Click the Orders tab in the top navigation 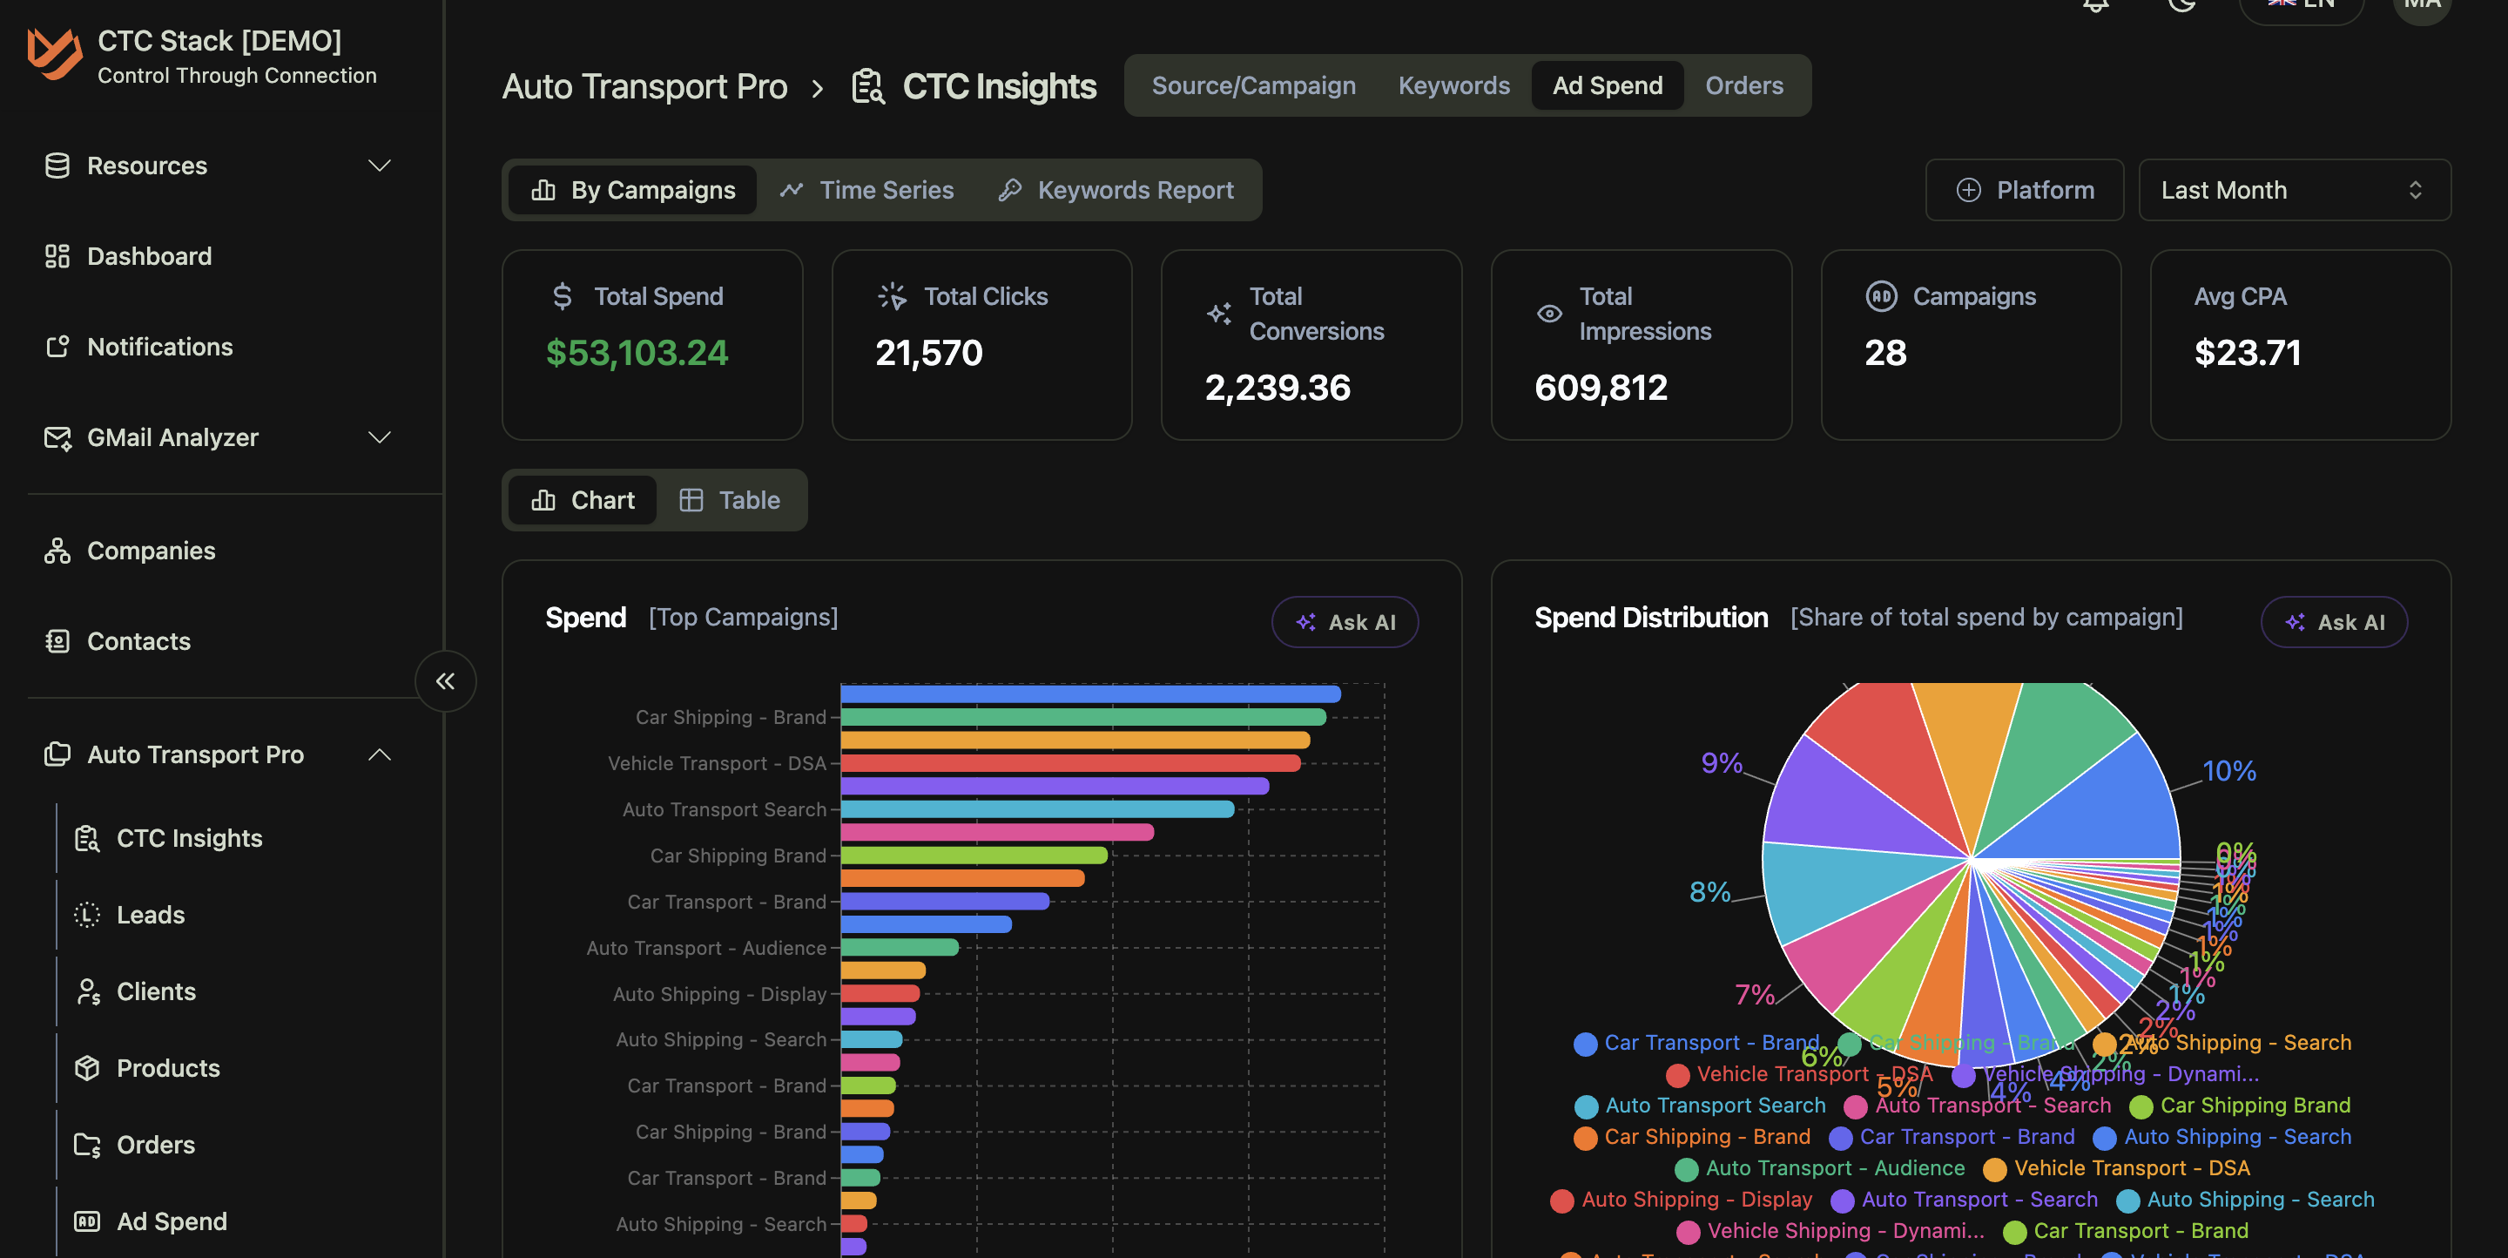point(1743,85)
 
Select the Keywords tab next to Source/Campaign point(1453,85)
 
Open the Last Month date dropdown point(2293,190)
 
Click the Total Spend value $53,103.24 point(637,353)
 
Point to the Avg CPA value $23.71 point(2247,353)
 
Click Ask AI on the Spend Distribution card point(2333,622)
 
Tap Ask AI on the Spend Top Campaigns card point(1345,622)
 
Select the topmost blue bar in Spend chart point(1089,694)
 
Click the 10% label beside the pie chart point(2228,771)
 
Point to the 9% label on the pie point(1721,762)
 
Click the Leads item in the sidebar point(150,916)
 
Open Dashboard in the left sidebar point(149,256)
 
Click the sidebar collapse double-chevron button point(445,681)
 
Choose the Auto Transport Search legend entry point(1714,1106)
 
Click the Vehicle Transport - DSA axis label point(717,763)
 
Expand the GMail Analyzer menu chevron point(380,437)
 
